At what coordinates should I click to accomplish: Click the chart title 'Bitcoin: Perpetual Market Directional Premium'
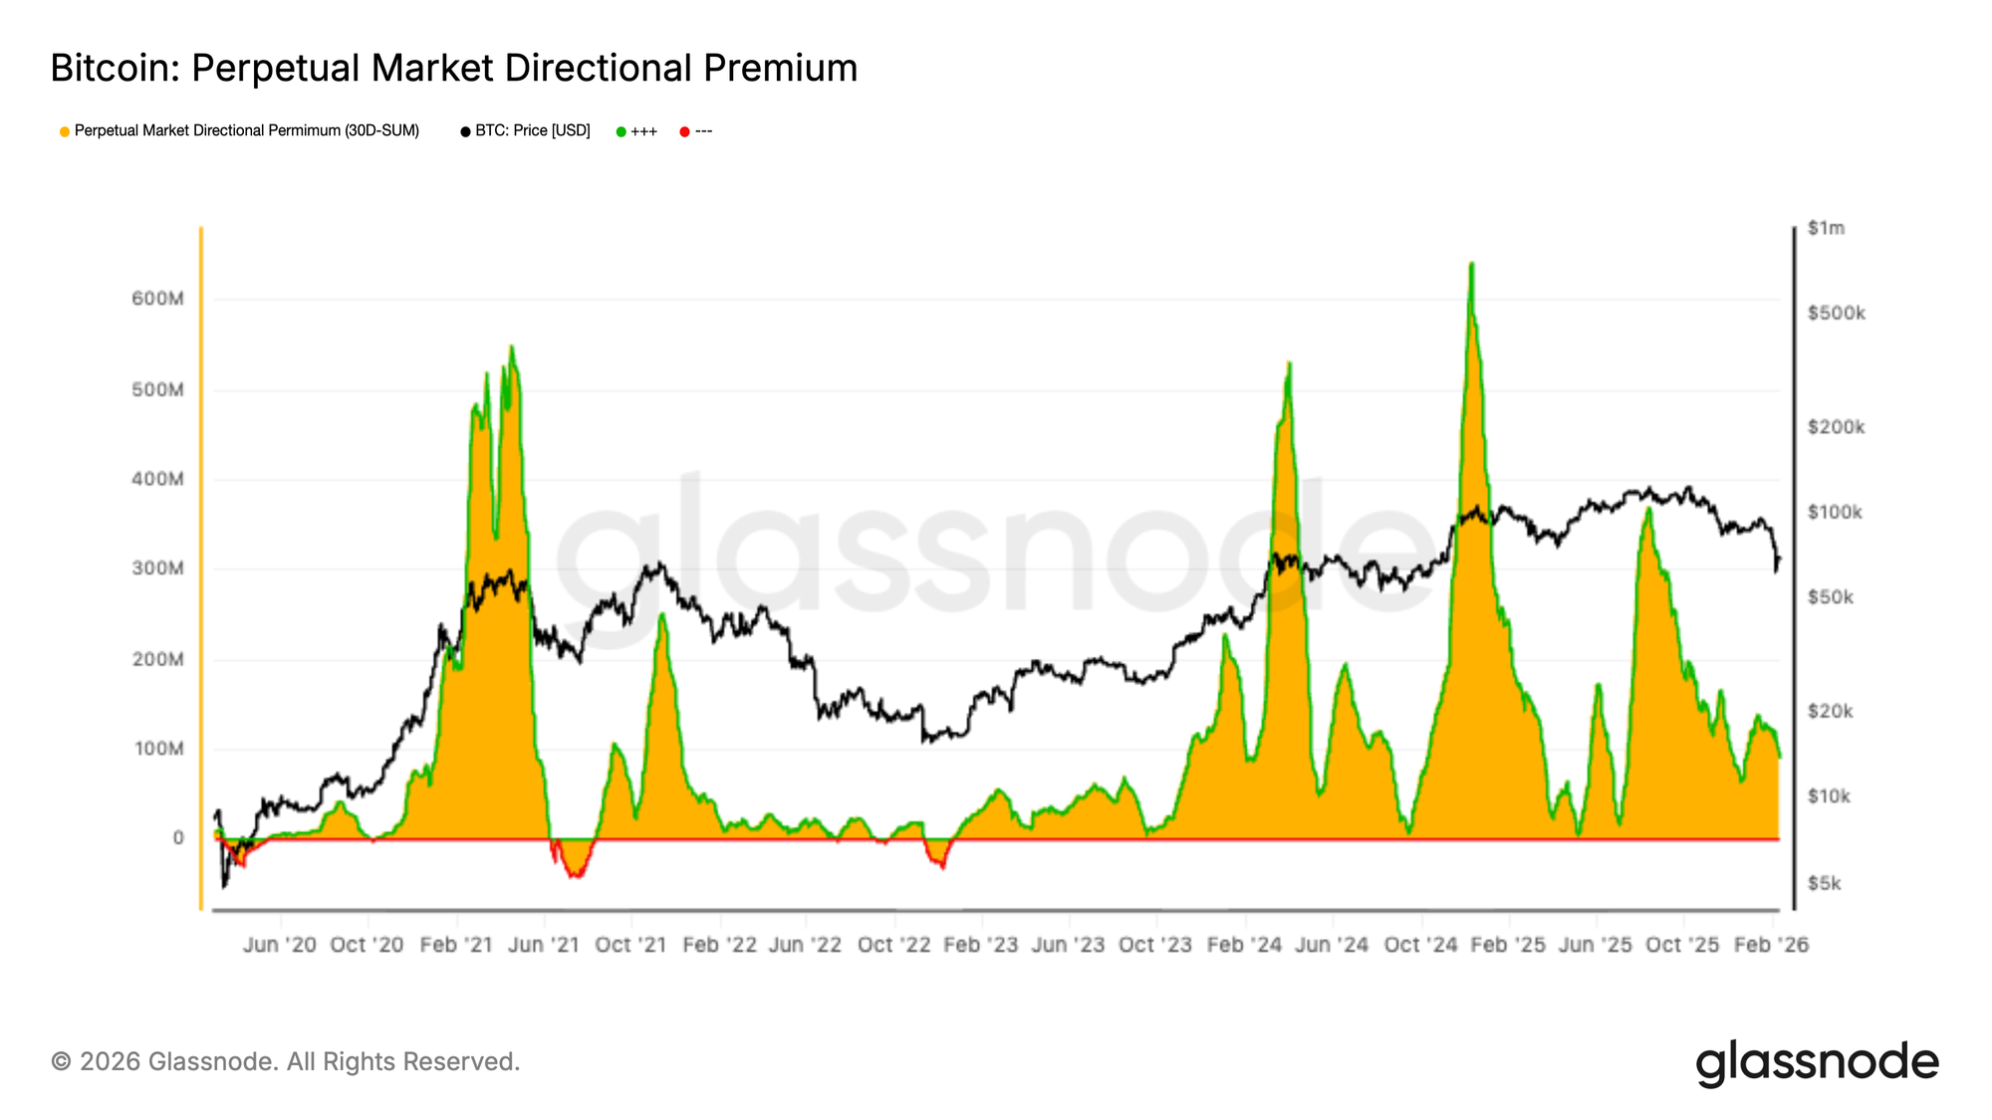tap(453, 68)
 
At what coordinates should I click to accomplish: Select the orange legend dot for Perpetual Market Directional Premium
tap(65, 131)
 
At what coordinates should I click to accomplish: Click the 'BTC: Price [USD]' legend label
tap(532, 130)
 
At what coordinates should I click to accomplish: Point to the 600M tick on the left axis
tap(157, 299)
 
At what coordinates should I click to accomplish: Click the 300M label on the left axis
tap(157, 568)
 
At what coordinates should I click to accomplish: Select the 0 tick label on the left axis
tap(178, 838)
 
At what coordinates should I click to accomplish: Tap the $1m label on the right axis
tap(1826, 228)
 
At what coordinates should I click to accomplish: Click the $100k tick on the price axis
tap(1835, 513)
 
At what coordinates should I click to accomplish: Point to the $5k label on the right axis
tap(1825, 883)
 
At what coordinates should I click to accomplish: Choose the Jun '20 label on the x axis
tap(279, 945)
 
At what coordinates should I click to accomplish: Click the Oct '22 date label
tap(893, 945)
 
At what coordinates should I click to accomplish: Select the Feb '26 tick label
tap(1771, 945)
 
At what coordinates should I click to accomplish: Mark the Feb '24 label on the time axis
tap(1244, 945)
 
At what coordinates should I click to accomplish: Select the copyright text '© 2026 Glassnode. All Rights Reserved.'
tap(285, 1062)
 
